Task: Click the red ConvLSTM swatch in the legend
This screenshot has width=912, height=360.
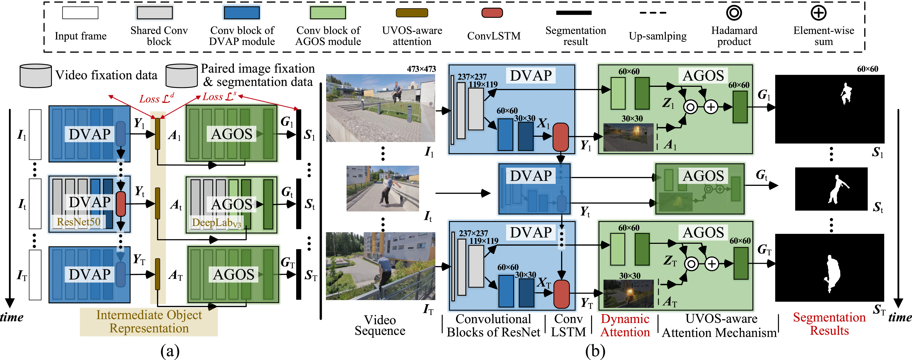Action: pyautogui.click(x=492, y=13)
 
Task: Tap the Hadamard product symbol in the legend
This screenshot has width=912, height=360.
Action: pyautogui.click(x=734, y=13)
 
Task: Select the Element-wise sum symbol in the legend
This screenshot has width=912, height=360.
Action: pyautogui.click(x=819, y=13)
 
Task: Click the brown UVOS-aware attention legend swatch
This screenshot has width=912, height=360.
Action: pyautogui.click(x=412, y=13)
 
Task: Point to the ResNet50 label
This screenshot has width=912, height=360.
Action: pyautogui.click(x=79, y=222)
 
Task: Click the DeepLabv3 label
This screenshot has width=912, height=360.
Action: pyautogui.click(x=216, y=223)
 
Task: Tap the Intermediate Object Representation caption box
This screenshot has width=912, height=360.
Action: pyautogui.click(x=149, y=321)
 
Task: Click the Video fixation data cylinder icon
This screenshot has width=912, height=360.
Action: pyautogui.click(x=35, y=76)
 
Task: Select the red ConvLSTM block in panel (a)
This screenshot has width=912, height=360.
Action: pyautogui.click(x=121, y=204)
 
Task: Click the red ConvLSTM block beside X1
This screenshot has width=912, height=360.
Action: pyautogui.click(x=560, y=137)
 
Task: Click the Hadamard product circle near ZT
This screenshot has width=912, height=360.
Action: pyautogui.click(x=691, y=264)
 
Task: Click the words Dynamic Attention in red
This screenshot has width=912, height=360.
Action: pyautogui.click(x=625, y=325)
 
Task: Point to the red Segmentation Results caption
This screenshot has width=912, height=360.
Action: pyautogui.click(x=829, y=324)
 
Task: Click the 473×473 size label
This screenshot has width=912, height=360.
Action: pyautogui.click(x=421, y=69)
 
